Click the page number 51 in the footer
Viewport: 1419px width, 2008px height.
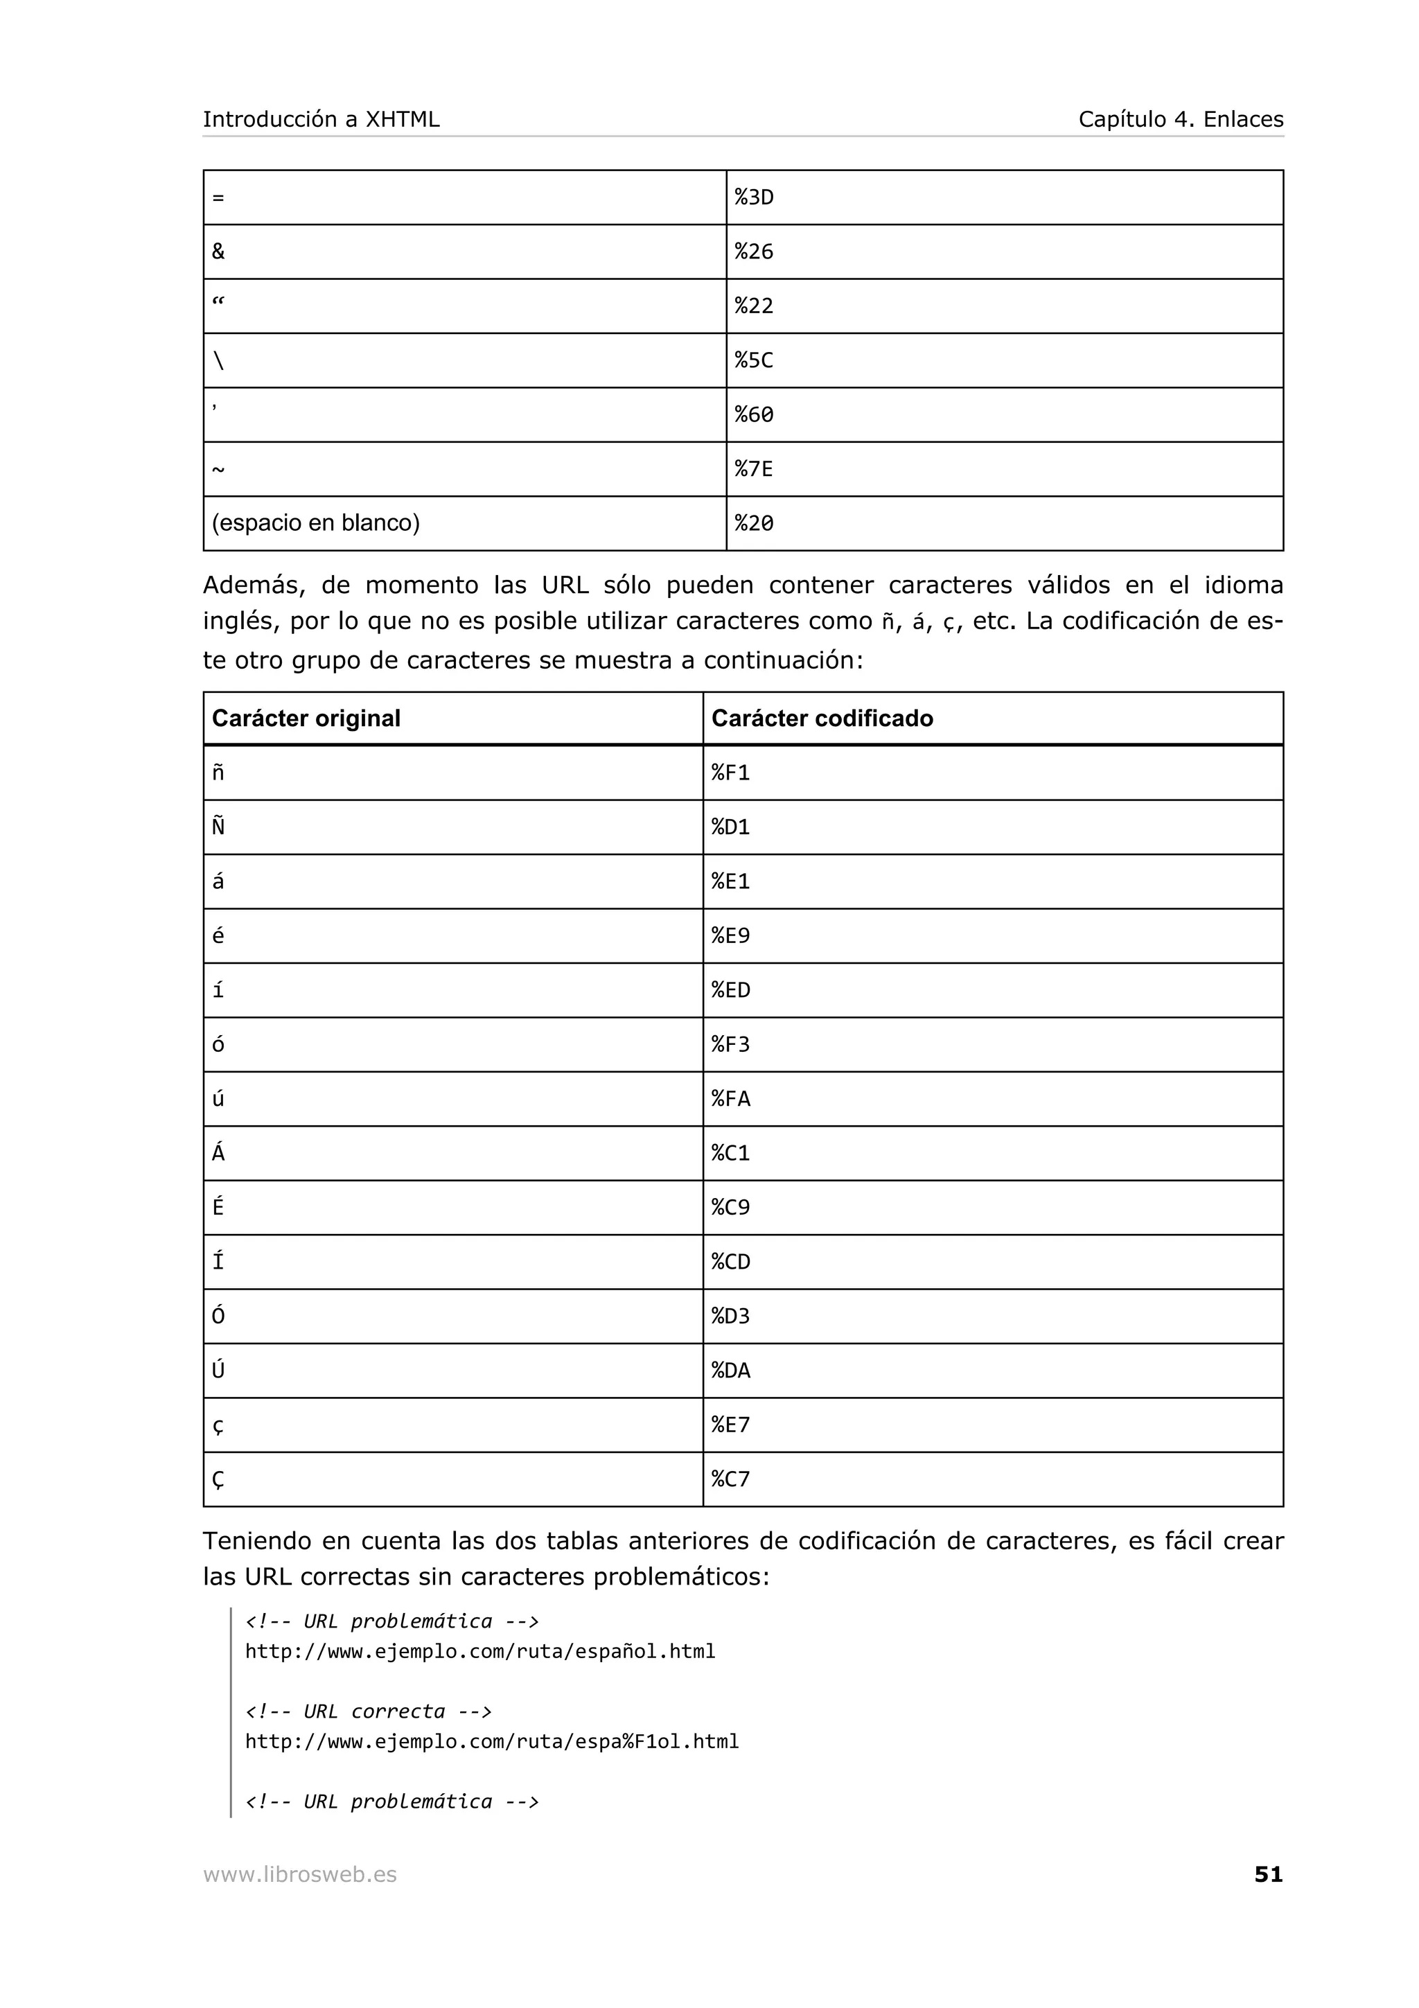(1268, 1874)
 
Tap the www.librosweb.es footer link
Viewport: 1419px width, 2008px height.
(300, 1874)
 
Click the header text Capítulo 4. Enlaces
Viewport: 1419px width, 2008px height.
(1181, 119)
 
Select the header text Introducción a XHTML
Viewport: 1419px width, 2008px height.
(321, 119)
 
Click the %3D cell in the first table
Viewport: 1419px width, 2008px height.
(754, 197)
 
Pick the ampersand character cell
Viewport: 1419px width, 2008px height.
(218, 252)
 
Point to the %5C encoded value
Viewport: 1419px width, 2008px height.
(754, 360)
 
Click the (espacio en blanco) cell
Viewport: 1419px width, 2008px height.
(316, 523)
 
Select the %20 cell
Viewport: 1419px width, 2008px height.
(754, 523)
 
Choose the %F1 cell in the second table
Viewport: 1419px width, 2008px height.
(730, 773)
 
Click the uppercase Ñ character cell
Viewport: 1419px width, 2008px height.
(218, 827)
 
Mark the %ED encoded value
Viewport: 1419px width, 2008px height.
(730, 990)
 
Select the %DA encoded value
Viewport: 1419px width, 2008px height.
(730, 1371)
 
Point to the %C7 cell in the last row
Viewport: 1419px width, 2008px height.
(730, 1479)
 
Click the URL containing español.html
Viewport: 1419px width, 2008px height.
(480, 1651)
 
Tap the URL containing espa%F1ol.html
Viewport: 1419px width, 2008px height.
(491, 1741)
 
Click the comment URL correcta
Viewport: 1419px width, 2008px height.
(368, 1711)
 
